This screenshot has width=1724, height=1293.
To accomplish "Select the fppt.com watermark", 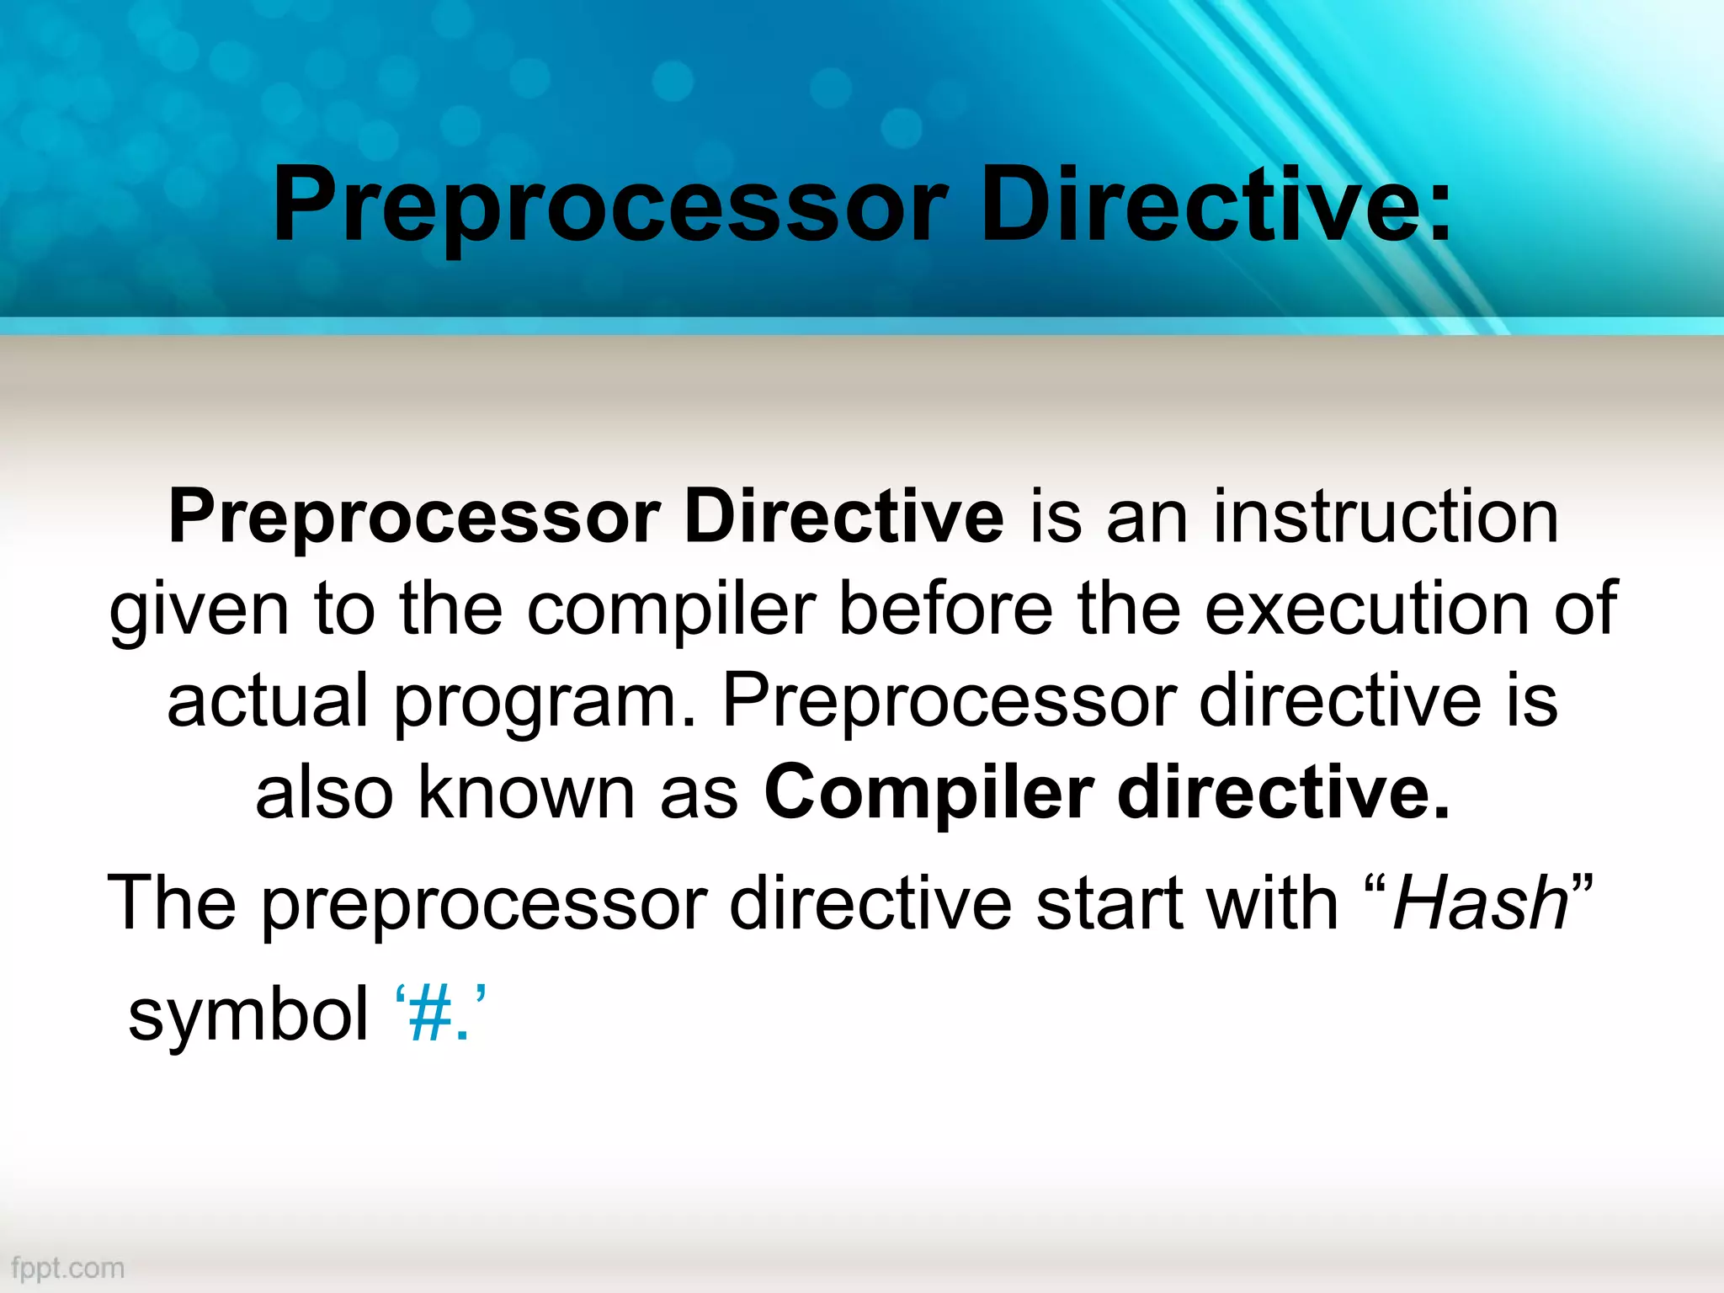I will (x=68, y=1268).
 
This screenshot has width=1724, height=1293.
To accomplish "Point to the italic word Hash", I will (x=1480, y=904).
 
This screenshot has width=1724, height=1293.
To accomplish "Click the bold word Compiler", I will (x=929, y=794).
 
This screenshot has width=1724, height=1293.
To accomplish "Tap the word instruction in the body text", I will (x=1386, y=517).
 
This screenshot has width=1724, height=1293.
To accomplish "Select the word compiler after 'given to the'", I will (x=671, y=609).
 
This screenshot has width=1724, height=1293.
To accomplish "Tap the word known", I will (x=526, y=793).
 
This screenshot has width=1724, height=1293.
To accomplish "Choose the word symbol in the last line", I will (x=247, y=1014).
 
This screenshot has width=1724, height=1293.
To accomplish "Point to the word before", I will (x=945, y=609).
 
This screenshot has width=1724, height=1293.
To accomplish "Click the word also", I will (x=324, y=793).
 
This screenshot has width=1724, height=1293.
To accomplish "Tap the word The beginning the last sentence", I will (x=172, y=904).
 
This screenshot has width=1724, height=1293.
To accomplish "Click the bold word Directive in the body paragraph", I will (x=843, y=517).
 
